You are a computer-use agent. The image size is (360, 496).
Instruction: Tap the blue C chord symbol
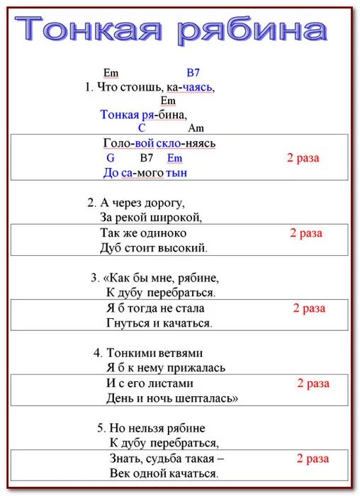point(142,128)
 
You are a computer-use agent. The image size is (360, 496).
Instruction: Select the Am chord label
point(196,128)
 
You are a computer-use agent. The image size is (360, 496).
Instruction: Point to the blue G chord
point(111,158)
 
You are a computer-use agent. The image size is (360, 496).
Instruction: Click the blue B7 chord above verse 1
point(193,72)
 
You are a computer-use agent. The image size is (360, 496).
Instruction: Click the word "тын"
point(176,172)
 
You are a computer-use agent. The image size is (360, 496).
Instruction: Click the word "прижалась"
point(196,368)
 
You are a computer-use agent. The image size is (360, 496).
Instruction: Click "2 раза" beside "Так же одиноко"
point(306,233)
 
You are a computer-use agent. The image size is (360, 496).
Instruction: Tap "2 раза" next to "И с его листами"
point(313,383)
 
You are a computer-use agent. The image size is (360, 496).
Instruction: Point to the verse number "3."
point(95,277)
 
